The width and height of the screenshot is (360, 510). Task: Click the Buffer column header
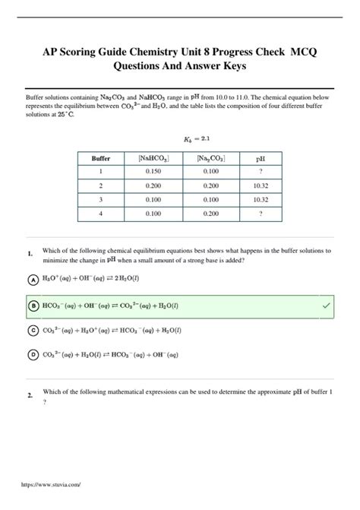point(101,158)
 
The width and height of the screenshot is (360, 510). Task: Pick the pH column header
point(260,158)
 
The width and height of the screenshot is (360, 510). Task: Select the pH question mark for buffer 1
point(260,172)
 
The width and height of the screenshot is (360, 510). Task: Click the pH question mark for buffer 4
point(260,214)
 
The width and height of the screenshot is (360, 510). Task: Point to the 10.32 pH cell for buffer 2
point(260,185)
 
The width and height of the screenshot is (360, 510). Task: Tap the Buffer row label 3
point(101,200)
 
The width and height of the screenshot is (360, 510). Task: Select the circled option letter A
point(33,280)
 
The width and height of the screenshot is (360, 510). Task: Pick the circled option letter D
point(33,354)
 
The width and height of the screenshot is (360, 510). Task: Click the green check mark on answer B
point(326,305)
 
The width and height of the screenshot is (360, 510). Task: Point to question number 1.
point(28,253)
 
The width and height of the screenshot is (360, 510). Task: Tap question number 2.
point(28,396)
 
